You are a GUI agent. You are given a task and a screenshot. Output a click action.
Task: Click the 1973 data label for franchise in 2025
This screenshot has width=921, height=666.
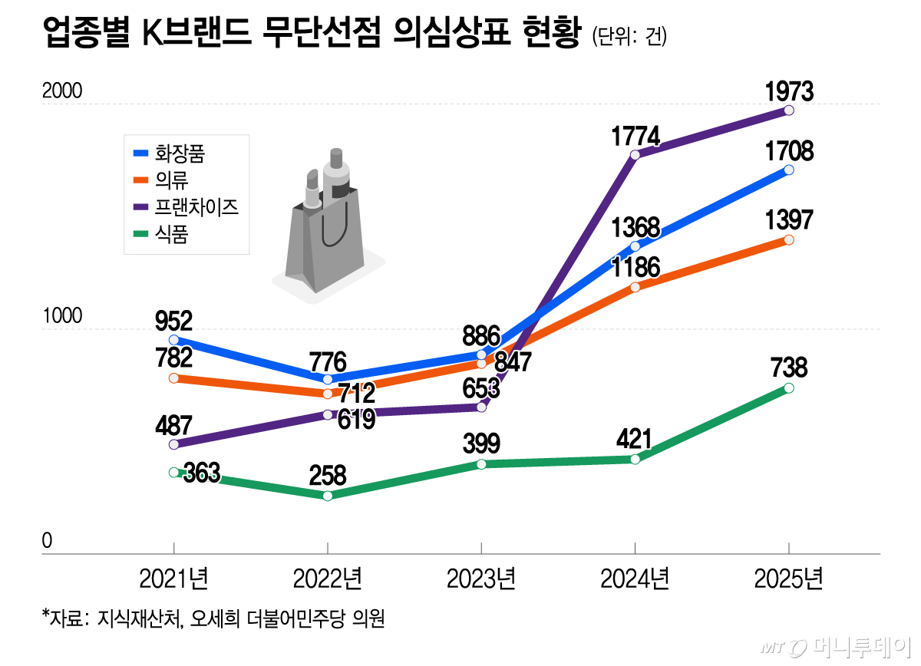(788, 92)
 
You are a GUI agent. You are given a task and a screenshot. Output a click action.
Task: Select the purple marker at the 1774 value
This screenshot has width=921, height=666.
(635, 155)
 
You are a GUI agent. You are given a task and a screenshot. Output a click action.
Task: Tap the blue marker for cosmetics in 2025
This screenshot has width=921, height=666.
(789, 170)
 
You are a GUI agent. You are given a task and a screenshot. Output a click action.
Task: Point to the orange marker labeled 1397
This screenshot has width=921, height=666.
(789, 240)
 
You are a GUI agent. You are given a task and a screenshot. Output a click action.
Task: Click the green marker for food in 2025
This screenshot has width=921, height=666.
(789, 388)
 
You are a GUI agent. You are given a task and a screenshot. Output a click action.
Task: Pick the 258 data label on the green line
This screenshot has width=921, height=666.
(327, 475)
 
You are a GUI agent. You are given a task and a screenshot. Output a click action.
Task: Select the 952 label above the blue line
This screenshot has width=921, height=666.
(173, 320)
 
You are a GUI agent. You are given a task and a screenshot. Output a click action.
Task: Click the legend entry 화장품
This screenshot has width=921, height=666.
(180, 153)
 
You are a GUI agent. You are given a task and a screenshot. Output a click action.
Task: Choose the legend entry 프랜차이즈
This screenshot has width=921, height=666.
(196, 207)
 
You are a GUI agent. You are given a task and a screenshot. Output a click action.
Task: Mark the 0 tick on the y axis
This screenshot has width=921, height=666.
(47, 541)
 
